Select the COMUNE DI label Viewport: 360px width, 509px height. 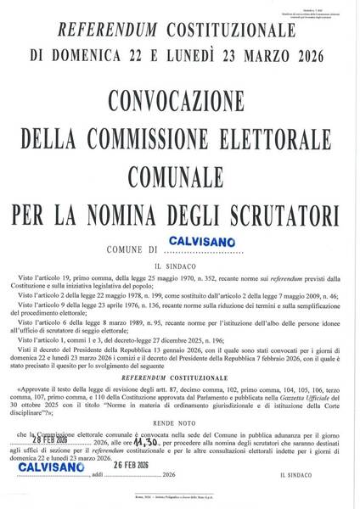click(x=133, y=250)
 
